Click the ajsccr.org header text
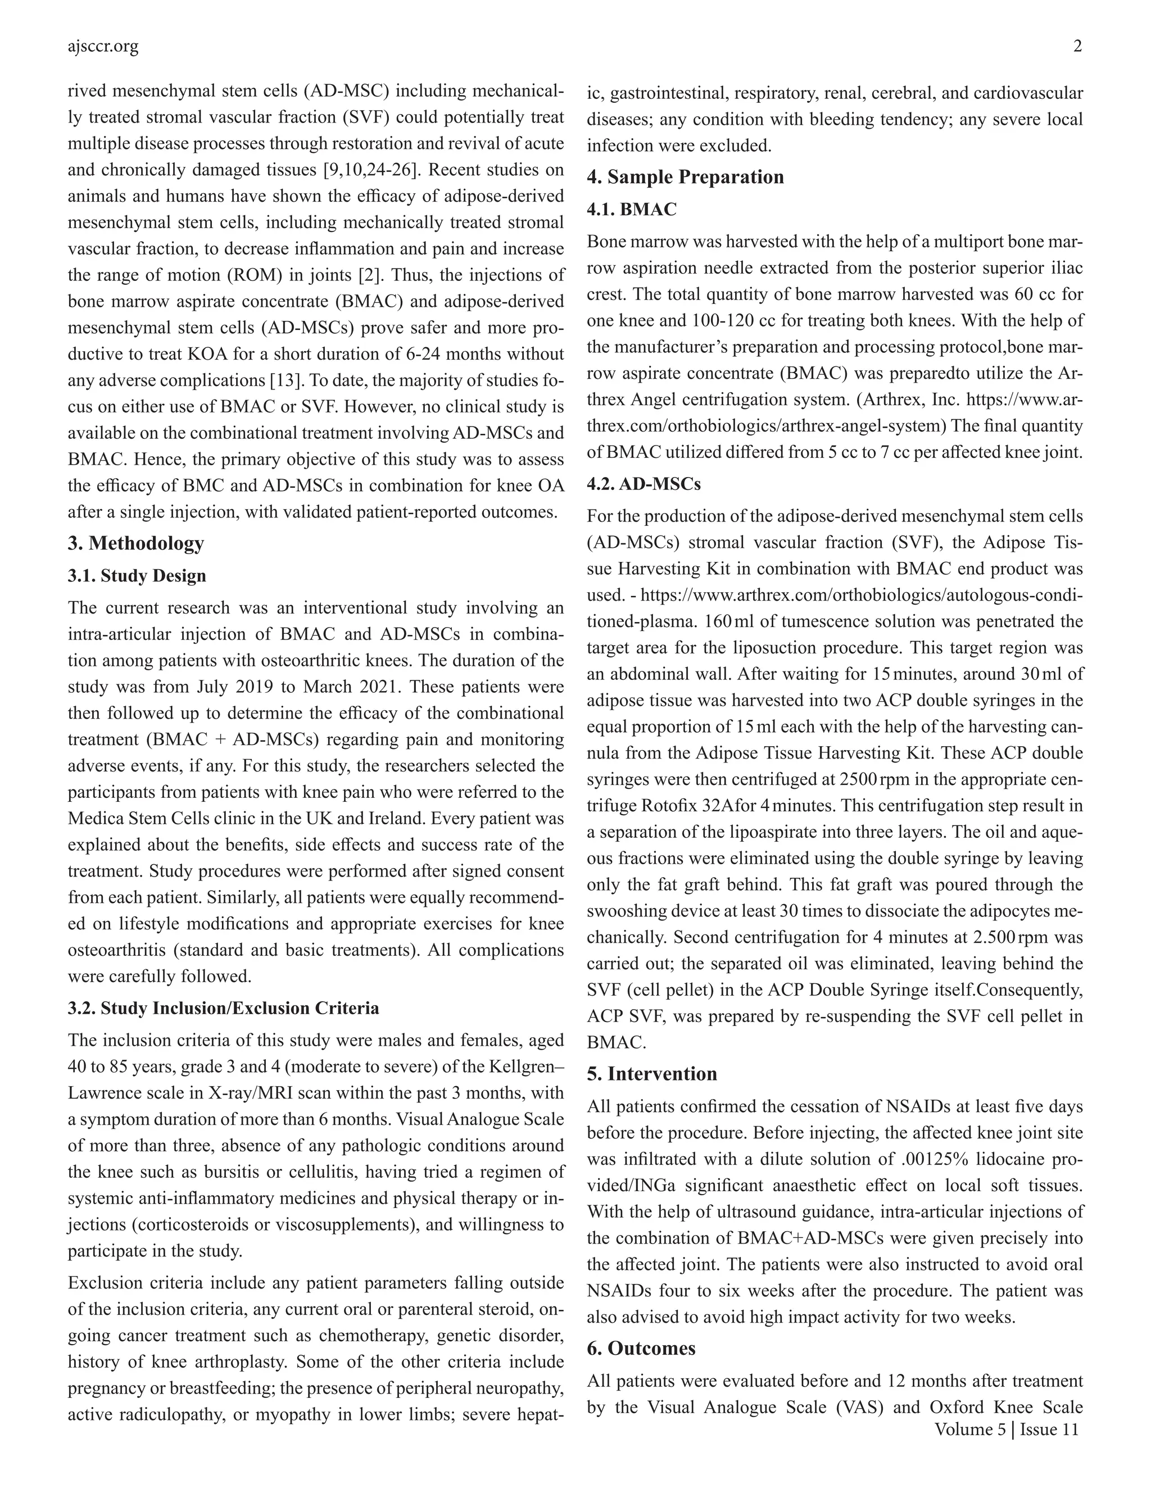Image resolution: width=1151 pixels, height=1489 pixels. coord(103,47)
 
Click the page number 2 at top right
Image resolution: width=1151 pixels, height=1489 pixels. coord(1077,47)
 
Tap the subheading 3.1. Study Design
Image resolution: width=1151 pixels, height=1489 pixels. coord(137,576)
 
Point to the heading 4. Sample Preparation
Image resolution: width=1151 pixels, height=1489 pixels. coord(685,177)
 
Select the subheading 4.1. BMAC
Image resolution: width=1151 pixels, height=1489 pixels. coord(631,210)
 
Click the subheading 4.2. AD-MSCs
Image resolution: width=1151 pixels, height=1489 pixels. coord(644,484)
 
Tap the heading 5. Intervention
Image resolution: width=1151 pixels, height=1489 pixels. coord(651,1074)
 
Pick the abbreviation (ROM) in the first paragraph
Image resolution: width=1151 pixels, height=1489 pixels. coord(319,275)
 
